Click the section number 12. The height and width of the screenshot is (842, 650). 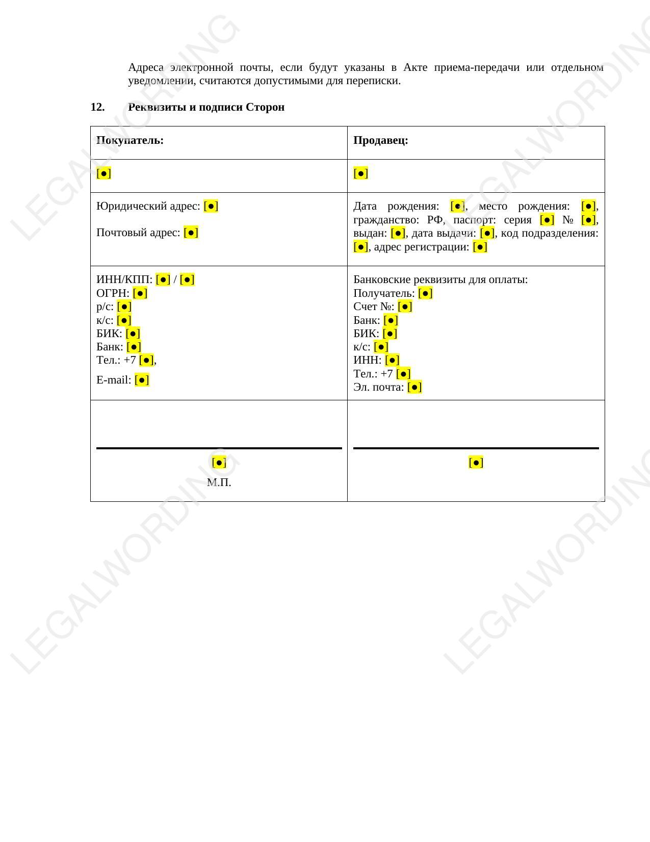coord(97,107)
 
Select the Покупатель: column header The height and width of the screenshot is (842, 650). coord(130,140)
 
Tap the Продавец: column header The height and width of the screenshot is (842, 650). coord(381,140)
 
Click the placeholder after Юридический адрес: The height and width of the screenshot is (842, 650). coord(211,206)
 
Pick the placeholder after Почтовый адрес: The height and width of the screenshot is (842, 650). coord(191,233)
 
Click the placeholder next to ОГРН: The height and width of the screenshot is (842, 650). coord(140,293)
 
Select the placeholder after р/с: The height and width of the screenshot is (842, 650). coord(124,307)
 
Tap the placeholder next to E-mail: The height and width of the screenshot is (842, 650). coord(142,380)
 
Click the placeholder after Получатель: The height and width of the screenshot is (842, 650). coord(425,293)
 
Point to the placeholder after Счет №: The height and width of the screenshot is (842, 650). coord(405,307)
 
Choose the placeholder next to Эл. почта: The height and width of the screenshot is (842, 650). coord(414,387)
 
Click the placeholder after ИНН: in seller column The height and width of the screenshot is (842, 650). coord(392,360)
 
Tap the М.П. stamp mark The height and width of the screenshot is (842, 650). coord(219,482)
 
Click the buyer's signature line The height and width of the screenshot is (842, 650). coord(219,448)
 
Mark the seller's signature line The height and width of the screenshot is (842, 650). coord(476,448)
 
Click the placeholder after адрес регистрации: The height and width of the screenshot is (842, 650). coord(480,247)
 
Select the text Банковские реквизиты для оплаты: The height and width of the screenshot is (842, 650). coord(440,279)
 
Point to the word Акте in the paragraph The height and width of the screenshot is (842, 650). coord(415,67)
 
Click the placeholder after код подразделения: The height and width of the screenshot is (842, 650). coord(360,247)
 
